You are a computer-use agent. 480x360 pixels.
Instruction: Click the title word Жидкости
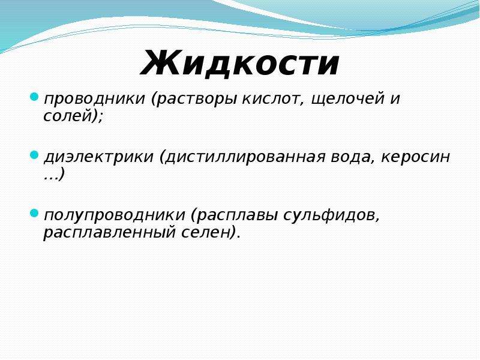(x=240, y=63)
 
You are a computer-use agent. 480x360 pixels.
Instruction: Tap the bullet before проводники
(x=34, y=97)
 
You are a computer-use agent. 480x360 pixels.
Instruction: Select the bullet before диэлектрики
(x=34, y=155)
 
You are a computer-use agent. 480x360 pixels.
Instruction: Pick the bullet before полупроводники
(x=34, y=213)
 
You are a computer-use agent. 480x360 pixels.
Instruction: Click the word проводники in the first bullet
(x=94, y=99)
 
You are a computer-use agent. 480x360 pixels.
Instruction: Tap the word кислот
(x=274, y=99)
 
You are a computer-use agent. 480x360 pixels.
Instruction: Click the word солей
(x=68, y=116)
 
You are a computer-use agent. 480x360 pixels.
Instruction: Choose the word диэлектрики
(x=98, y=157)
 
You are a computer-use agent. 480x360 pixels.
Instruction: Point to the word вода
(x=352, y=157)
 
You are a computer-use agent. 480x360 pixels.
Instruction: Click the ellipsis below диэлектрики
(x=51, y=178)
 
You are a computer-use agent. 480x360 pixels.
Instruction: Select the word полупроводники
(x=115, y=215)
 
